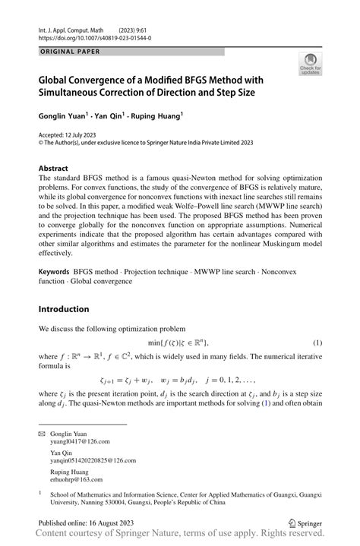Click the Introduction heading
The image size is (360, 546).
tap(64, 309)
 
